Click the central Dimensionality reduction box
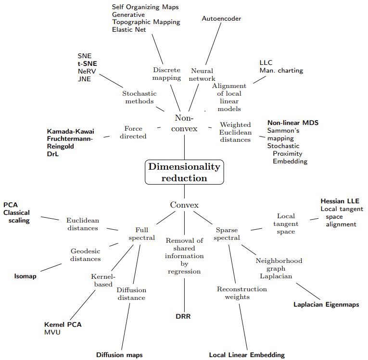[184, 172]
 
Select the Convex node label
[184, 205]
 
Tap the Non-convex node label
[184, 123]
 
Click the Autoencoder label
[221, 19]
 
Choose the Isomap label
[25, 276]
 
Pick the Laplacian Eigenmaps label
[326, 304]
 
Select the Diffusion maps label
[119, 355]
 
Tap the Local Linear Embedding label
[247, 355]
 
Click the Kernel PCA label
[63, 324]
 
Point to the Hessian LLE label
[340, 201]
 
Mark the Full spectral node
[141, 234]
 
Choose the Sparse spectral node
[227, 234]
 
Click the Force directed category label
[133, 132]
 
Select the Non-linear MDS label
[293, 123]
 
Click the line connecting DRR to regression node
[185, 293]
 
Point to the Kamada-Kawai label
[71, 131]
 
